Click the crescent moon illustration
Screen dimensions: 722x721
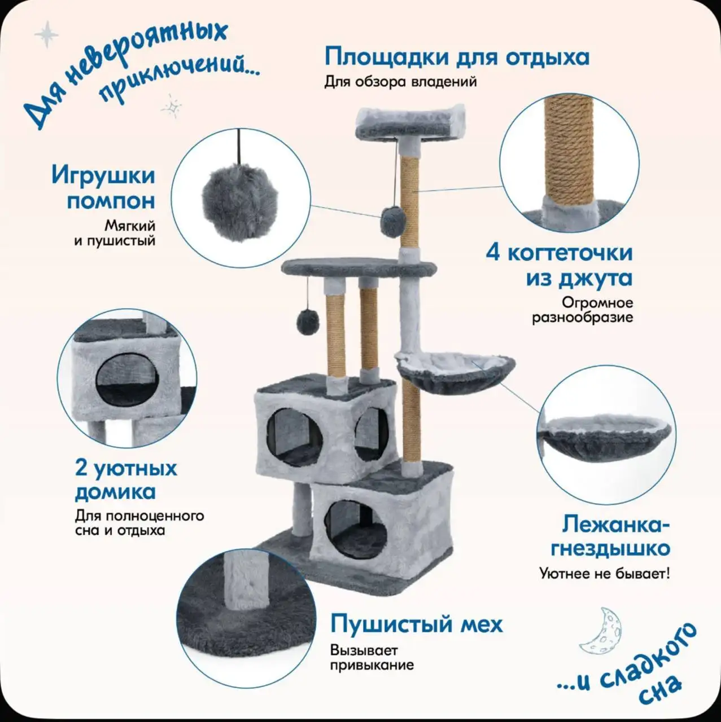(602, 630)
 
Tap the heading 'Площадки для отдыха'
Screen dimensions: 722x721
(457, 57)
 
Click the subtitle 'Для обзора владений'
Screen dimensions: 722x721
(400, 82)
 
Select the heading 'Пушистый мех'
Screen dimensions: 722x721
(416, 624)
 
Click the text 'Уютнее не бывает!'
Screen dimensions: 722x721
(605, 574)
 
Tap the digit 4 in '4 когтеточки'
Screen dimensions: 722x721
(493, 252)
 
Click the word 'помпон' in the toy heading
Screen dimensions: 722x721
(111, 200)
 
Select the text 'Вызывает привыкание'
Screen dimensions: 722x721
(372, 658)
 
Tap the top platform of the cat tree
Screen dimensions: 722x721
(410, 123)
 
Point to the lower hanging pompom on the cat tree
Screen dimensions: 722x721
(308, 322)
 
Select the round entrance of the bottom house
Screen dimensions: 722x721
(355, 530)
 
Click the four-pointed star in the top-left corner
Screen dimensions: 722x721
(46, 34)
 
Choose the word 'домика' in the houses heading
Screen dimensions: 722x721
(115, 491)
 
